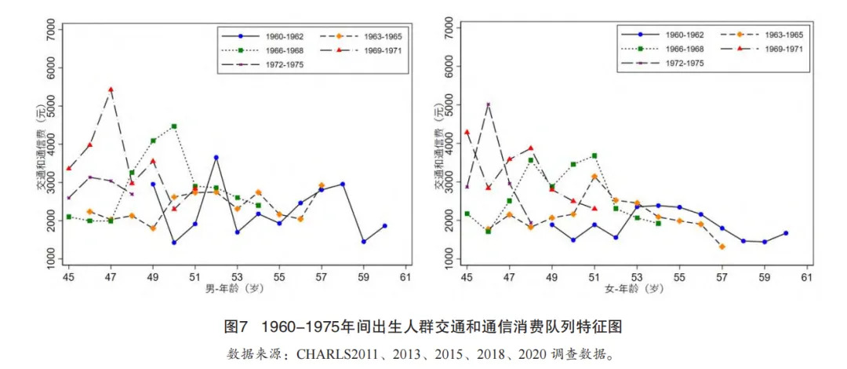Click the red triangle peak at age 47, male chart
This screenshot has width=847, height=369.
click(111, 90)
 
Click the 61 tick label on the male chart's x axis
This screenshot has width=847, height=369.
click(405, 278)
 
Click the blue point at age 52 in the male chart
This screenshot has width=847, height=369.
click(216, 158)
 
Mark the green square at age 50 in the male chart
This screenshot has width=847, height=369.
click(173, 126)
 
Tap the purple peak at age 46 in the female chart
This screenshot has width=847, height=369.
click(488, 104)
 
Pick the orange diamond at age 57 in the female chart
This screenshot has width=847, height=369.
click(722, 247)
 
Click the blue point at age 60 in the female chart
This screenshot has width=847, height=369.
click(785, 233)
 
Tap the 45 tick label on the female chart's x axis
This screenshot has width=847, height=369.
click(467, 278)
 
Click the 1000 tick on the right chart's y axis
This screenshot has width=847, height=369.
click(449, 259)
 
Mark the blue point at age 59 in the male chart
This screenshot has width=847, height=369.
click(363, 241)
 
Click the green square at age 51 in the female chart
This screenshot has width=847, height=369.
click(594, 156)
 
